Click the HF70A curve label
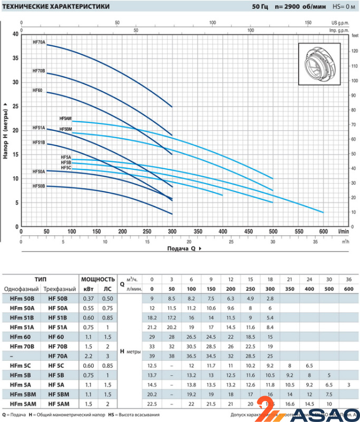(x=39, y=42)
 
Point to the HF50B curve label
(x=39, y=186)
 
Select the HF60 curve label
(x=37, y=90)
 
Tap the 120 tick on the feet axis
(x=354, y=52)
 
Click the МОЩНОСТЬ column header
(x=98, y=279)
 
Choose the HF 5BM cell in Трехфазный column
(x=59, y=394)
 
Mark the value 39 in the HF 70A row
(x=152, y=356)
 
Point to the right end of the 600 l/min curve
(x=323, y=212)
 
